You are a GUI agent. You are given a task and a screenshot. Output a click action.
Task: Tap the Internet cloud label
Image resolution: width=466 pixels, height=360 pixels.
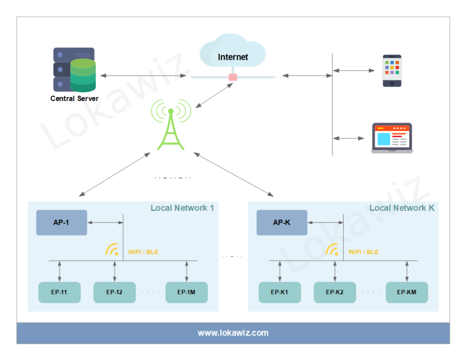click(x=233, y=57)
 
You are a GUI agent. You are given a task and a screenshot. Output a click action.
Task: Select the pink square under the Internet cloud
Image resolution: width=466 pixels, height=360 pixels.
click(x=233, y=77)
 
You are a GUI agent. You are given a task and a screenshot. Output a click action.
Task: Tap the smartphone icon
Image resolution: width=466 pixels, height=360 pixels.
click(x=392, y=71)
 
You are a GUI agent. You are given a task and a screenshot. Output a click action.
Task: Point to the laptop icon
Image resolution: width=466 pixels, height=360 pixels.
click(x=391, y=138)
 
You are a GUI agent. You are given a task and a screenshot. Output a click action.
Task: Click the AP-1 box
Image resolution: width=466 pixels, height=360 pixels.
click(x=61, y=223)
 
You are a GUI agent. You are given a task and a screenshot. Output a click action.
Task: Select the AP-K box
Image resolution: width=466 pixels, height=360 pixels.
click(x=282, y=223)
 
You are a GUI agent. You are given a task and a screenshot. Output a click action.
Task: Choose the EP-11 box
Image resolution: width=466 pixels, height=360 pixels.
click(x=59, y=292)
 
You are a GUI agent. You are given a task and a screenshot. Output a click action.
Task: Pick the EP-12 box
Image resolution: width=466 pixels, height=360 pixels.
click(x=114, y=292)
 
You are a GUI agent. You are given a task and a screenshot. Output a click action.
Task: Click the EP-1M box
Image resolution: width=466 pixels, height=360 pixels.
click(x=186, y=292)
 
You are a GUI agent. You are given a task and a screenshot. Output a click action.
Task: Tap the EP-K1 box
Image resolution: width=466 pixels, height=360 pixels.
click(x=280, y=292)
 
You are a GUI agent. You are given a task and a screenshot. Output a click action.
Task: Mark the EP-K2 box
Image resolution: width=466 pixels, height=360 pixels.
click(x=335, y=292)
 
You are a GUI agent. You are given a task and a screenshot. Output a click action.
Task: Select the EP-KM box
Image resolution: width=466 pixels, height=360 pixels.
click(x=407, y=292)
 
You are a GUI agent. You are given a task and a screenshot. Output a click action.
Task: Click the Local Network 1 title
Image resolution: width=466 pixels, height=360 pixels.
click(x=182, y=208)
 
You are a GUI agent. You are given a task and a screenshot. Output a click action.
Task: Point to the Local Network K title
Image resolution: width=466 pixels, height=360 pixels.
click(x=402, y=208)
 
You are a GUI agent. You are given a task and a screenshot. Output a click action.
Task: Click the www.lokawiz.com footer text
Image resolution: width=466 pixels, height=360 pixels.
click(x=233, y=333)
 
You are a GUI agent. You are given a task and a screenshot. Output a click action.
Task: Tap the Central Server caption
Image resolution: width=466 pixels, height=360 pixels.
click(x=75, y=99)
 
